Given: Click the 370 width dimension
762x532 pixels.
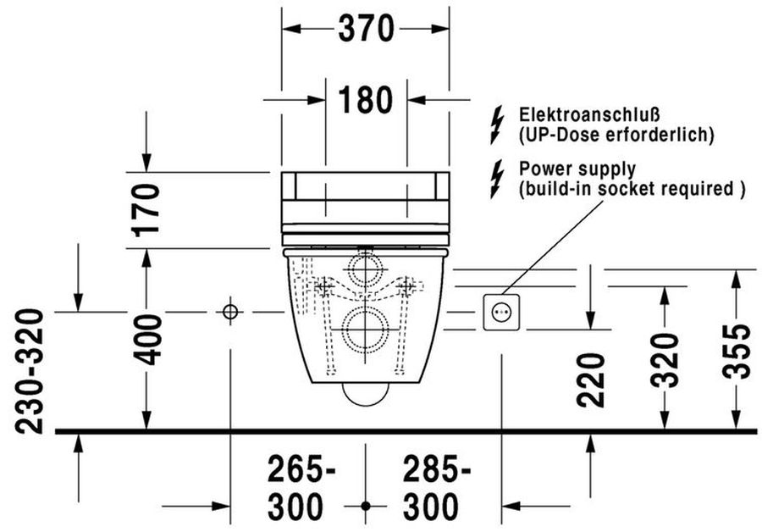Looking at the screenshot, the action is [x=366, y=29].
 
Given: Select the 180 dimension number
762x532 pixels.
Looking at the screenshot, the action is [x=366, y=100].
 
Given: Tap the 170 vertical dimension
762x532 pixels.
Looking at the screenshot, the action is [x=146, y=210].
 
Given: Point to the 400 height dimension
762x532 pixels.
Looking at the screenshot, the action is [x=146, y=340].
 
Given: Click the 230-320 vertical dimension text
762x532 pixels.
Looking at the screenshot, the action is [x=29, y=371].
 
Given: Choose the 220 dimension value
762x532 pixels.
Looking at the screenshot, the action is [x=590, y=380].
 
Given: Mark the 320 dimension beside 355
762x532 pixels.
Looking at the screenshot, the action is [x=665, y=360].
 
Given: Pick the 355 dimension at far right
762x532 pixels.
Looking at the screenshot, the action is [x=736, y=352].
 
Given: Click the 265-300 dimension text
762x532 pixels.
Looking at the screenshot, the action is [x=301, y=488].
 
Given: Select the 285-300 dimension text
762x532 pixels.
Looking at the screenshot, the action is [x=436, y=488].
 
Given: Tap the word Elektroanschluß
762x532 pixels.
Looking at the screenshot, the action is [x=589, y=114].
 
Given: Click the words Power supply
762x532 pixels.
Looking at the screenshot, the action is [x=577, y=169].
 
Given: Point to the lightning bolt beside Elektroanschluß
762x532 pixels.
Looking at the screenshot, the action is [x=497, y=125].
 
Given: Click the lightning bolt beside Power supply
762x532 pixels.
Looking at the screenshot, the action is [x=497, y=179].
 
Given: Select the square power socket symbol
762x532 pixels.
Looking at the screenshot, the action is [x=501, y=313].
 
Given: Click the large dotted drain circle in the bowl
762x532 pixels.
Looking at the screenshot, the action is [x=366, y=330].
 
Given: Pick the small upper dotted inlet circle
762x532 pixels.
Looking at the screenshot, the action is [x=366, y=269].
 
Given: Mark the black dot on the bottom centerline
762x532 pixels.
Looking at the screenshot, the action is [x=366, y=507].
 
